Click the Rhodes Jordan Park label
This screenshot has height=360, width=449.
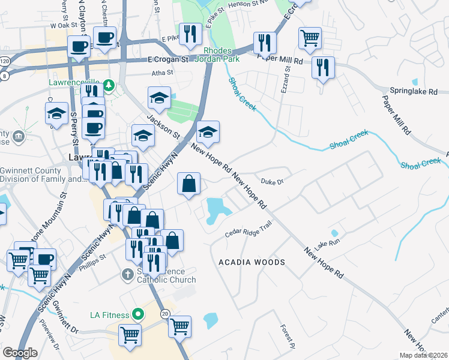click(x=221, y=55)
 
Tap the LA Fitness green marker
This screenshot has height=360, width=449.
click(x=137, y=313)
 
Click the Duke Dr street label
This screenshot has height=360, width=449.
click(x=272, y=180)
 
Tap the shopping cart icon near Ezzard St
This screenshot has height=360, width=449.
click(x=310, y=38)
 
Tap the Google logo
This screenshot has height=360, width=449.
click(x=20, y=353)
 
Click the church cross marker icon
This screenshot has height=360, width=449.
click(x=127, y=275)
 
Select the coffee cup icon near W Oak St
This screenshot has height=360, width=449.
click(x=105, y=37)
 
